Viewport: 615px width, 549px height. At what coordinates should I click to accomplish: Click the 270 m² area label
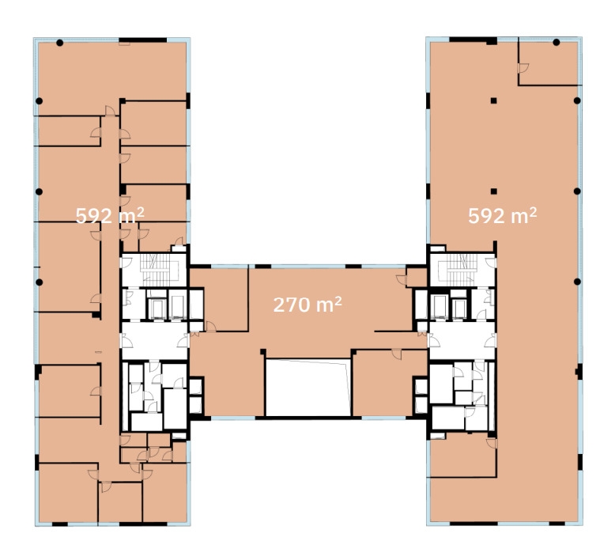point(307,305)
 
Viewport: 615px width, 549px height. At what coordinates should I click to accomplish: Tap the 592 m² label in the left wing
point(110,215)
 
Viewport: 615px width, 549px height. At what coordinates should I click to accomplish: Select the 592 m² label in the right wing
point(503,215)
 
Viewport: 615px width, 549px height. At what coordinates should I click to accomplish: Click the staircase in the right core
point(462,270)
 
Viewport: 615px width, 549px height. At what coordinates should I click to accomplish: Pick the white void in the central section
point(307,388)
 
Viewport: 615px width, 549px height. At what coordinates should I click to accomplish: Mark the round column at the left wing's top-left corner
point(59,43)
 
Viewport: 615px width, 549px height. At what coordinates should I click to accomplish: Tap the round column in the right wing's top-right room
point(557,43)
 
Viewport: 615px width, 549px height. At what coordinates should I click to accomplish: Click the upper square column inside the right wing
point(494,100)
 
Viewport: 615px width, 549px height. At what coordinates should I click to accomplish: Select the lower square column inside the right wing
point(494,191)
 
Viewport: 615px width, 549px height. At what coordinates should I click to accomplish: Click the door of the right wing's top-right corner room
point(523,68)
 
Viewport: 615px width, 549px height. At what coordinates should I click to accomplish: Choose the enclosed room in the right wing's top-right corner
point(549,62)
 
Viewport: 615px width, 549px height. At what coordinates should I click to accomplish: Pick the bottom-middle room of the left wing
point(120,502)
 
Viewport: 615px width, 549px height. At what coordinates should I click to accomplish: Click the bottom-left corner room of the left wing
point(68,493)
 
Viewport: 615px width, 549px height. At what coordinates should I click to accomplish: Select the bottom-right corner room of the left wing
point(164,493)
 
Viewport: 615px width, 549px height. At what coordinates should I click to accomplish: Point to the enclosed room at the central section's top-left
point(219,299)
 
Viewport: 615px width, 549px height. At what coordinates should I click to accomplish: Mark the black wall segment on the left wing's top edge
point(143,40)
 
